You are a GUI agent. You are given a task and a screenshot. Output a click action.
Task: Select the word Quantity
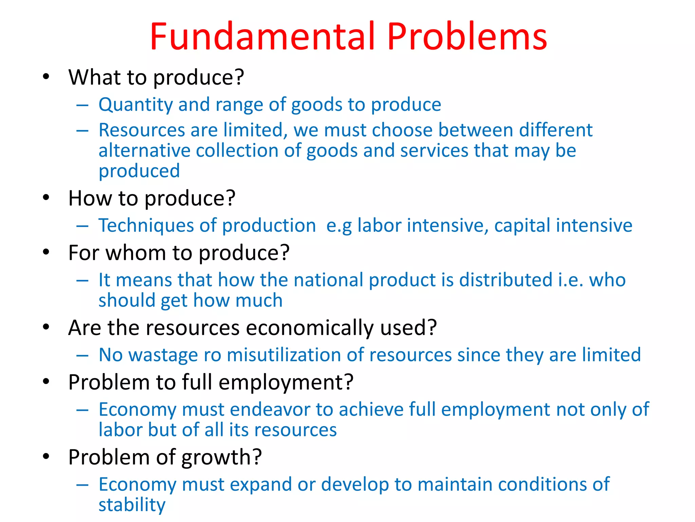tap(135, 105)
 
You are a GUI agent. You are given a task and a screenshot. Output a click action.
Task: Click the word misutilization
tap(284, 355)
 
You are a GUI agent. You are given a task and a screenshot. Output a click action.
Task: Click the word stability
tap(132, 505)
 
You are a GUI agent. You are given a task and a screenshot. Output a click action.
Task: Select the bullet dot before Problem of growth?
tap(46, 456)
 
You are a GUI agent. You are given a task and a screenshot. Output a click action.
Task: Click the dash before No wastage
tap(82, 355)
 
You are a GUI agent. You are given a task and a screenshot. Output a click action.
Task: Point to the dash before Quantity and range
tap(82, 105)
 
